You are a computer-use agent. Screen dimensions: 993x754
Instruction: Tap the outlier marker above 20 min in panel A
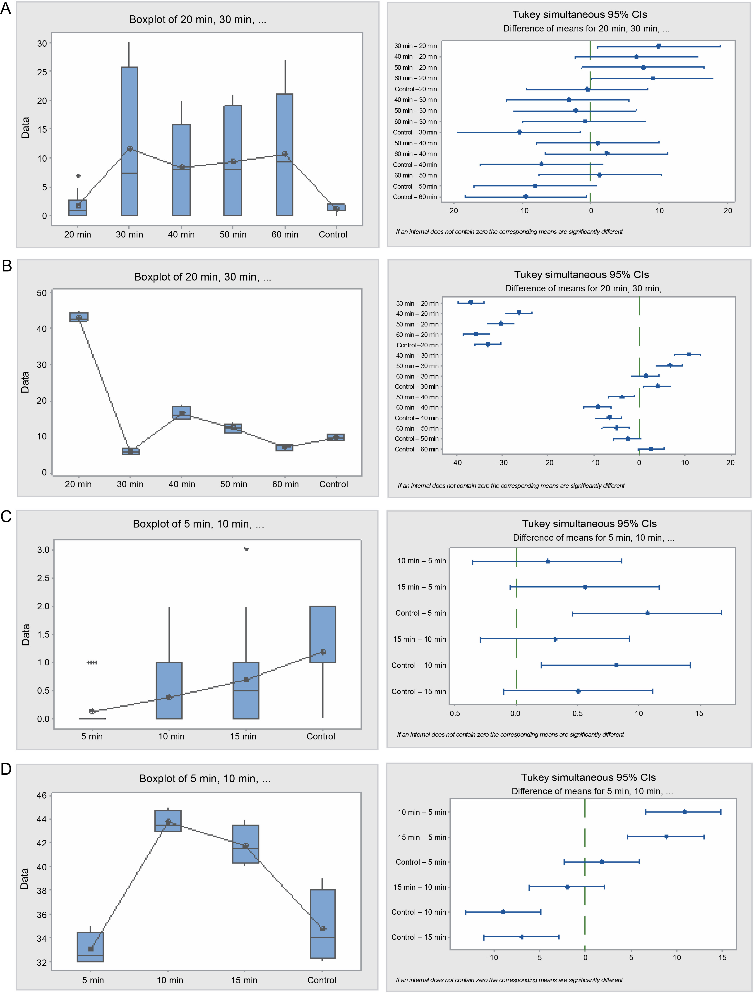point(78,175)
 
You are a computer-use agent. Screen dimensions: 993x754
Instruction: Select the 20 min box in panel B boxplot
point(79,317)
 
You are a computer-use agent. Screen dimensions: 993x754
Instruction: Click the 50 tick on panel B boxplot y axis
point(42,293)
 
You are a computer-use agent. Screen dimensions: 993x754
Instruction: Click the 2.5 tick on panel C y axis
point(43,578)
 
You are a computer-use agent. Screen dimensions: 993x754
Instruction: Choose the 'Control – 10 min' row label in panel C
point(418,665)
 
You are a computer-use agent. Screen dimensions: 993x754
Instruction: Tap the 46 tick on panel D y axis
point(42,796)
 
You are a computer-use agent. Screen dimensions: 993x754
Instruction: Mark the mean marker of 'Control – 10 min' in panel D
point(503,912)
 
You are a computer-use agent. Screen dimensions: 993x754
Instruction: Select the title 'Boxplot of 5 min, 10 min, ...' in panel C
point(198,524)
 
